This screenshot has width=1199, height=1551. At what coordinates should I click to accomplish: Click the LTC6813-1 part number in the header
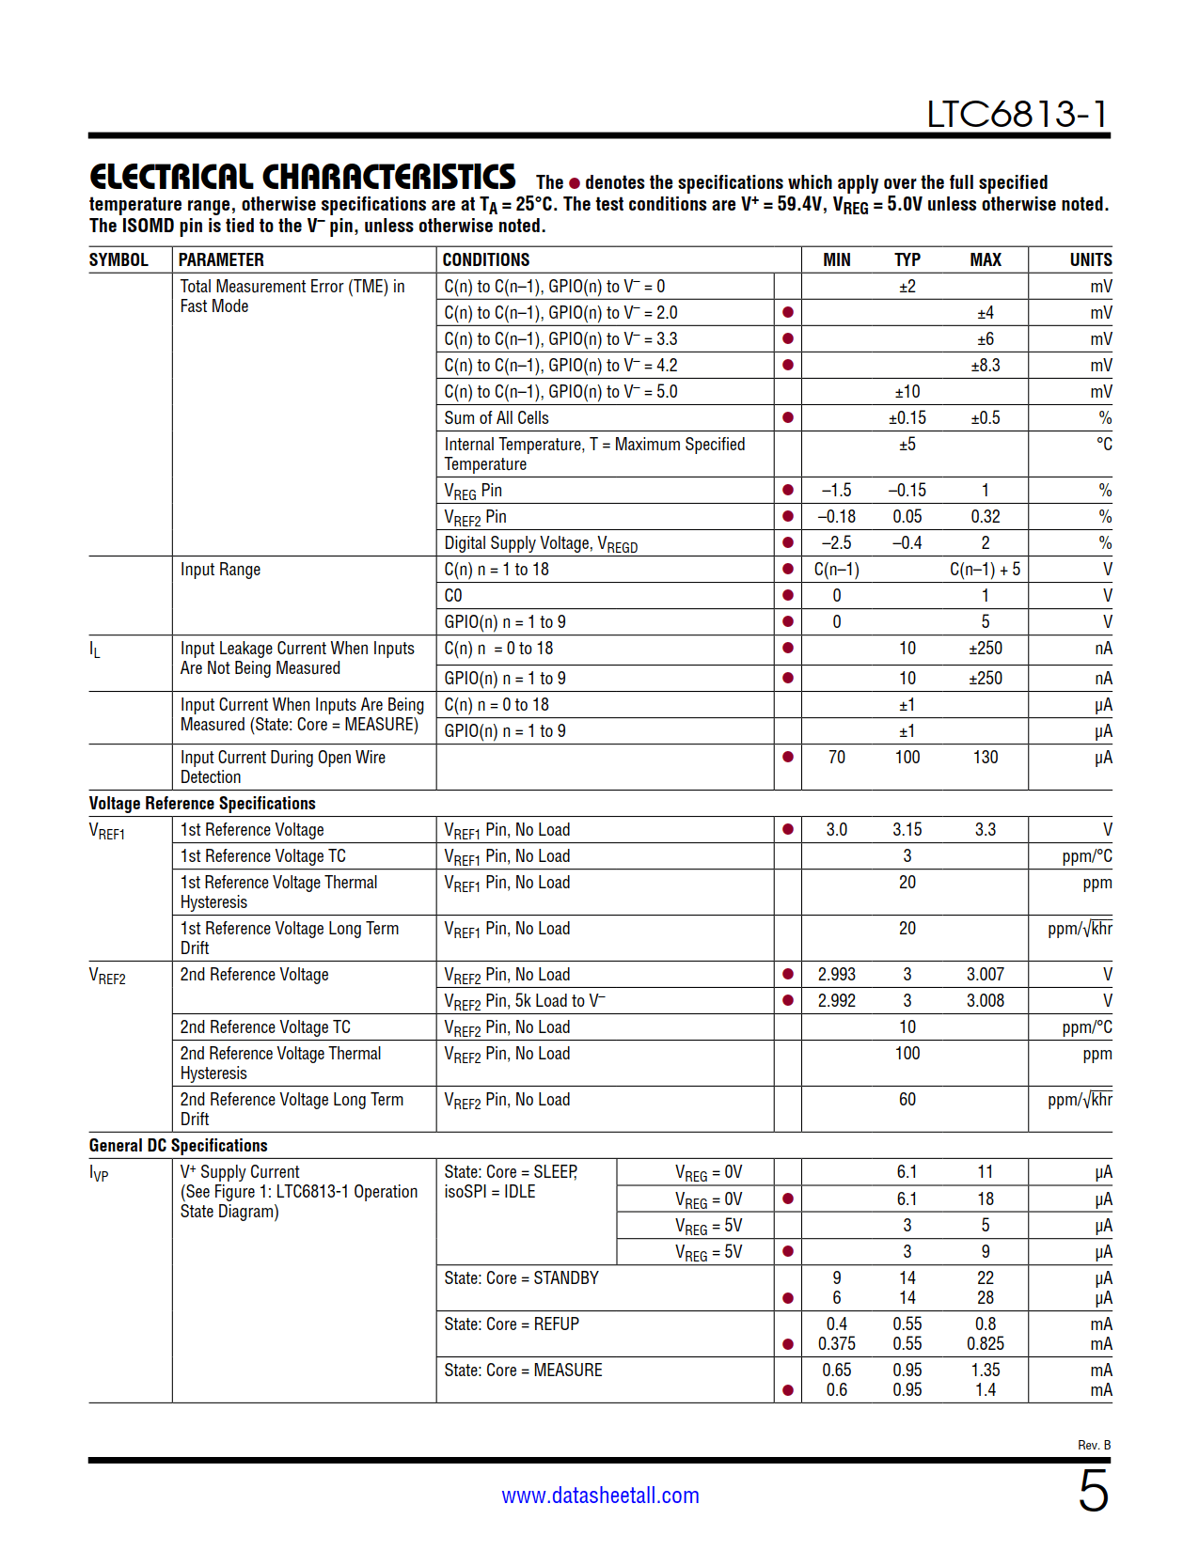pyautogui.click(x=1018, y=115)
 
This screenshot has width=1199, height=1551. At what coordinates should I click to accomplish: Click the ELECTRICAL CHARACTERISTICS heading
pyautogui.click(x=302, y=178)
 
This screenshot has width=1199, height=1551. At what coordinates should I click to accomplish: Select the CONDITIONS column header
pyautogui.click(x=486, y=260)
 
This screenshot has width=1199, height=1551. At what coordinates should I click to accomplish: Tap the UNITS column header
pyautogui.click(x=1090, y=260)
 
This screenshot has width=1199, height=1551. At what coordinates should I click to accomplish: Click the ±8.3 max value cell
pyautogui.click(x=985, y=366)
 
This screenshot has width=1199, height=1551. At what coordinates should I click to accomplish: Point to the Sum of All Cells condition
pyautogui.click(x=497, y=418)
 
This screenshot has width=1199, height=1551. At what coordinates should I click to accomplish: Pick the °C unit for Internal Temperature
pyautogui.click(x=1103, y=445)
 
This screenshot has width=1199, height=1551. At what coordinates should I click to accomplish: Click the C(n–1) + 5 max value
pyautogui.click(x=985, y=570)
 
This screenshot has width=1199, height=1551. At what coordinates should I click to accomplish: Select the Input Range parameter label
pyautogui.click(x=220, y=570)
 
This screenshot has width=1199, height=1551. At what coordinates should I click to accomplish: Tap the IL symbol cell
pyautogui.click(x=95, y=650)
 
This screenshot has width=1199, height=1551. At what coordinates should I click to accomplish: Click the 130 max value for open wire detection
pyautogui.click(x=985, y=758)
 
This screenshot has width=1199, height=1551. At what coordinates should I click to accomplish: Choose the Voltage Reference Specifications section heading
pyautogui.click(x=202, y=804)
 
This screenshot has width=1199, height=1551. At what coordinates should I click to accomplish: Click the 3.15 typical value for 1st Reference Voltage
pyautogui.click(x=907, y=830)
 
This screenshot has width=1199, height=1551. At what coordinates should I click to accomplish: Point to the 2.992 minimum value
pyautogui.click(x=836, y=1001)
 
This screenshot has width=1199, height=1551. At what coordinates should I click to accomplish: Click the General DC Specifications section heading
pyautogui.click(x=179, y=1146)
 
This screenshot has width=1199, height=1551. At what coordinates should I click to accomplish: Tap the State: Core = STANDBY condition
pyautogui.click(x=521, y=1278)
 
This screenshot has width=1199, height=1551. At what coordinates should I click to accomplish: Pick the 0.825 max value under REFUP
pyautogui.click(x=985, y=1344)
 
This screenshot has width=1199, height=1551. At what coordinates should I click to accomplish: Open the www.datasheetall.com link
pyautogui.click(x=600, y=1496)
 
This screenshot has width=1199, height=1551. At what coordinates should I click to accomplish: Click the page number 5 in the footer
pyautogui.click(x=1093, y=1492)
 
